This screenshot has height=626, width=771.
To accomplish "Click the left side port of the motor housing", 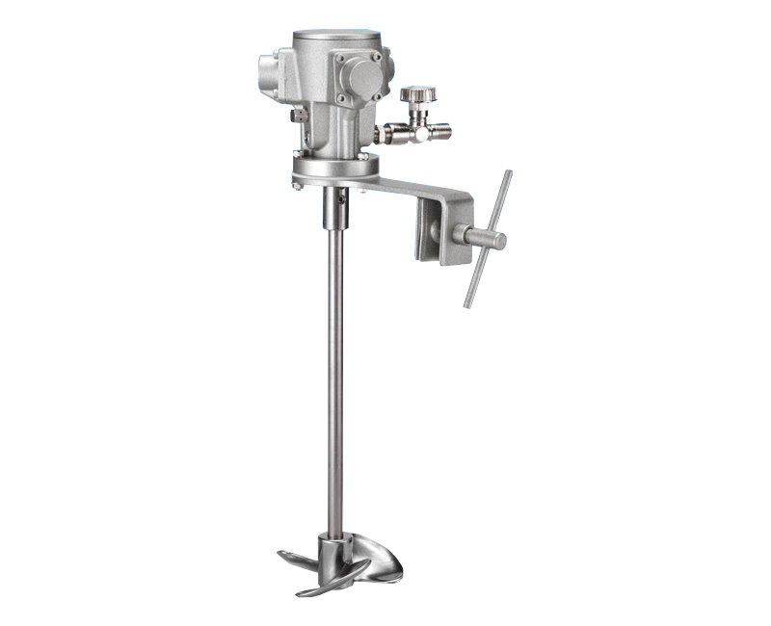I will coord(269,71).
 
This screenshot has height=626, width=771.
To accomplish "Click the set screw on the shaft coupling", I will coord(341,203).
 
